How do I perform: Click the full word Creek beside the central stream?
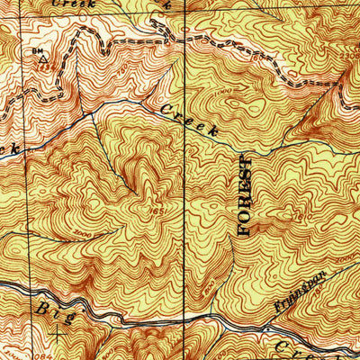tap(190, 120)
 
